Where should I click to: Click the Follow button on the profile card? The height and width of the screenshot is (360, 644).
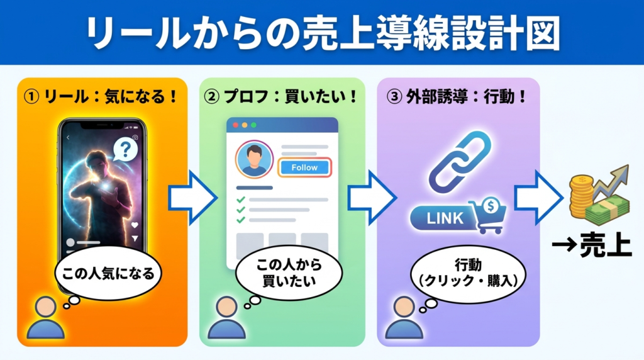304,167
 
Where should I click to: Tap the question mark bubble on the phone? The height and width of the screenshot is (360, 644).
126,150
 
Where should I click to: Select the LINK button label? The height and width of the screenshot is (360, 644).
445,218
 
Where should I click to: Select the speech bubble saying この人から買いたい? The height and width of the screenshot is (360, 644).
288,272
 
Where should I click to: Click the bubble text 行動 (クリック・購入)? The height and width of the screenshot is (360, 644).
463,272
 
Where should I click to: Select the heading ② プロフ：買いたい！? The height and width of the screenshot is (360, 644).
281,98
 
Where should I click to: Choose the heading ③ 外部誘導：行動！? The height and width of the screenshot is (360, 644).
457,98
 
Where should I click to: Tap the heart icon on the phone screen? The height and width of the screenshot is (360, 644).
134,225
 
